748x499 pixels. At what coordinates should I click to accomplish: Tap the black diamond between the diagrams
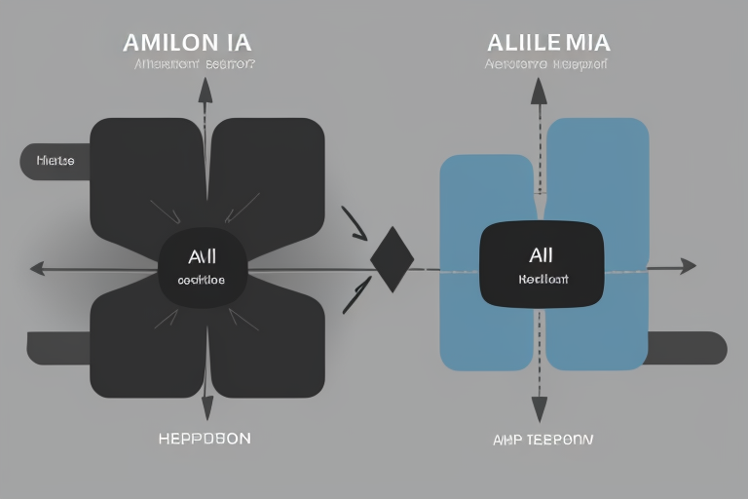[393, 259]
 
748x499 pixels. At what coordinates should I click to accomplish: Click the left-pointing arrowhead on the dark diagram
[37, 267]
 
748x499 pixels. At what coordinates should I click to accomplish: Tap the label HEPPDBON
[205, 439]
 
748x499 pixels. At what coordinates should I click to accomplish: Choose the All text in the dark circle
[202, 256]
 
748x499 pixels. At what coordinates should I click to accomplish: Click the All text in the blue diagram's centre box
[541, 255]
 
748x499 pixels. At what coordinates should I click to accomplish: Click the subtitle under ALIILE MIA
[545, 66]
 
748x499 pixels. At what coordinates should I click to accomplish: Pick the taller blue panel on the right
[597, 244]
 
